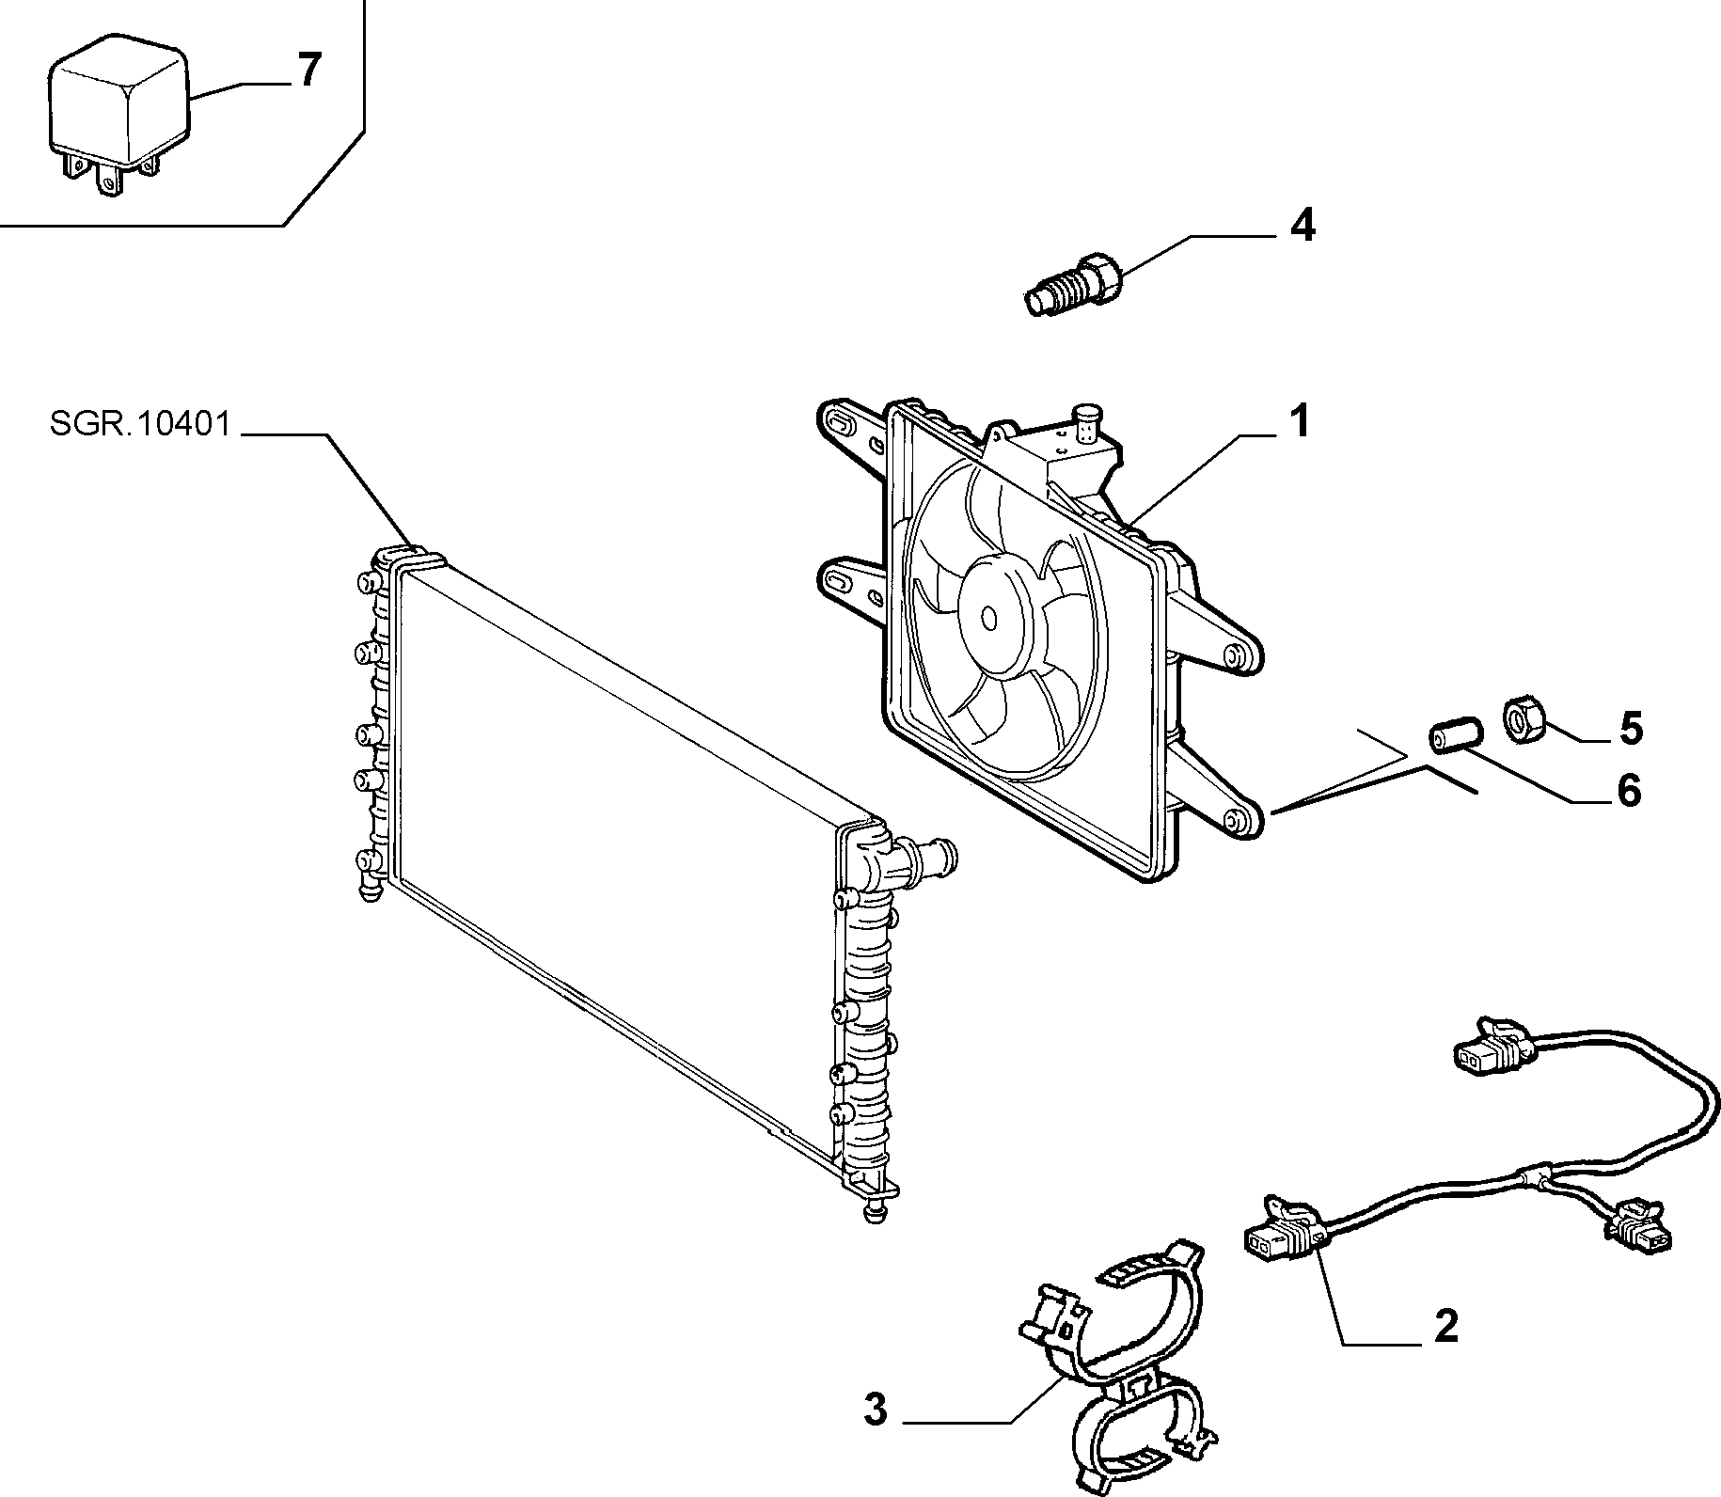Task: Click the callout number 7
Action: [x=308, y=71]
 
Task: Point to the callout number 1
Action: [x=1299, y=422]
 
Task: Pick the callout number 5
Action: [x=1631, y=729]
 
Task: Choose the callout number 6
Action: [x=1628, y=792]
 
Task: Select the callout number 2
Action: [x=1445, y=1326]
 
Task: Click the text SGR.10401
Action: [x=140, y=424]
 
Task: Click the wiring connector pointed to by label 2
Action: [x=1281, y=1233]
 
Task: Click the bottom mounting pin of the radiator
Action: [x=875, y=1210]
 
